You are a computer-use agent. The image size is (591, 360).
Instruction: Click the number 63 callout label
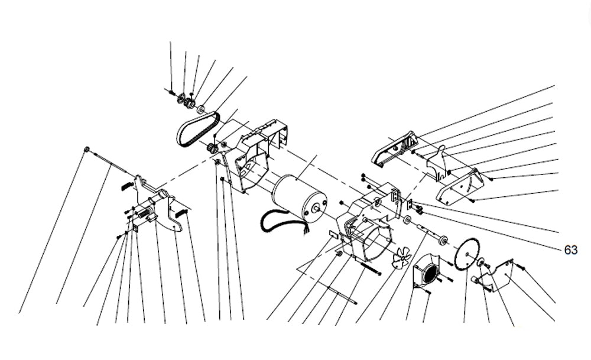click(x=570, y=250)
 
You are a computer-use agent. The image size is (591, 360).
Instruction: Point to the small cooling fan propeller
click(x=402, y=258)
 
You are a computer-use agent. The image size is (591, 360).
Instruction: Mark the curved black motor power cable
click(x=278, y=222)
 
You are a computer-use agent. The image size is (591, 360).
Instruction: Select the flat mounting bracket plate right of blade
click(x=499, y=275)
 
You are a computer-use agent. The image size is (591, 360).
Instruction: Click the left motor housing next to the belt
click(x=251, y=157)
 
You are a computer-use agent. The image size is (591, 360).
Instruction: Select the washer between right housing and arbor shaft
click(x=407, y=220)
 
